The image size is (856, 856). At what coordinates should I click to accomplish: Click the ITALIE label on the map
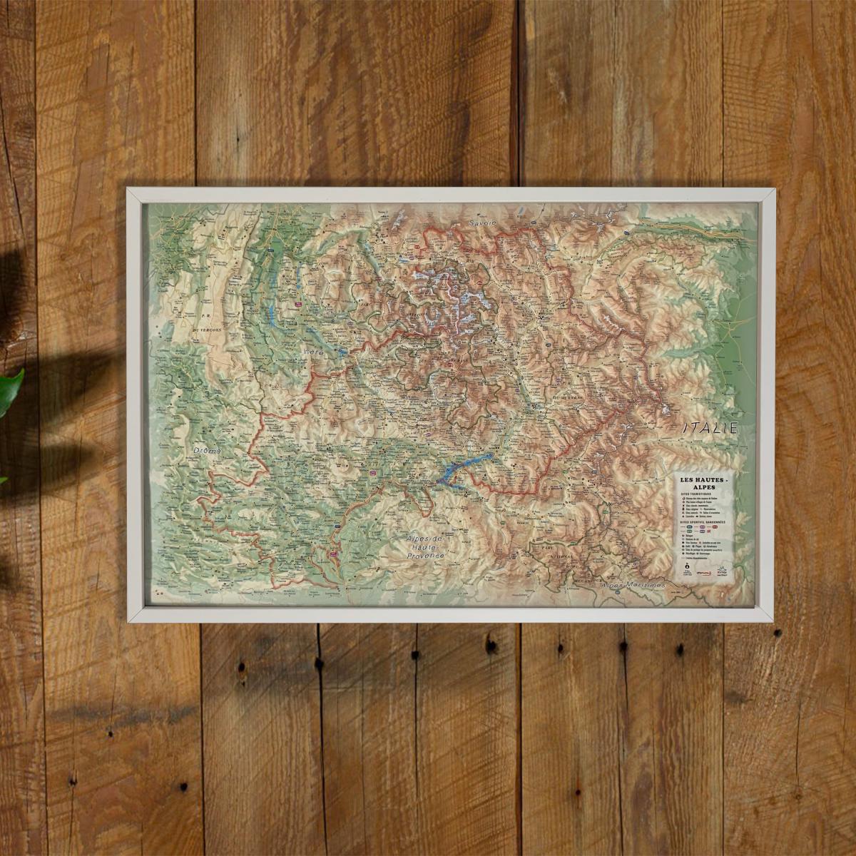coord(709,429)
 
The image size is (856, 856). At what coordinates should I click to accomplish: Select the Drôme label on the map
coord(208,452)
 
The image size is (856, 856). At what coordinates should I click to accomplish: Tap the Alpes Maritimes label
coord(633,585)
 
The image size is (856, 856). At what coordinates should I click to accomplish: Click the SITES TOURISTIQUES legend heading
coord(696,494)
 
